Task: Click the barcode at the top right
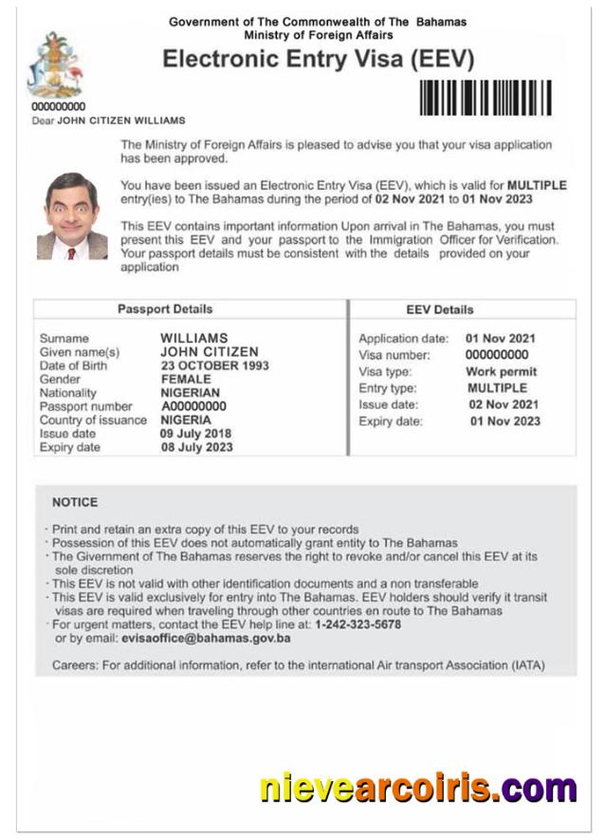[485, 98]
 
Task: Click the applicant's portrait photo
[71, 216]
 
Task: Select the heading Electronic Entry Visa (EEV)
[318, 59]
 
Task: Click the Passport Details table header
[165, 309]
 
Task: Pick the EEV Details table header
[439, 309]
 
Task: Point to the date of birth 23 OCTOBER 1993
[214, 365]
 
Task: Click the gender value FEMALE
[186, 379]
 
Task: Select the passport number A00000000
[193, 406]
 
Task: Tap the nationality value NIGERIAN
[190, 393]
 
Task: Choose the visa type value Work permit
[501, 372]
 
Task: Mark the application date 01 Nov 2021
[500, 339]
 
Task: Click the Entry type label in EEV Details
[390, 388]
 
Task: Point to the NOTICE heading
[75, 502]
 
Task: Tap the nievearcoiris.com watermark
[418, 789]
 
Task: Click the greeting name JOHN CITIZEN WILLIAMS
[121, 121]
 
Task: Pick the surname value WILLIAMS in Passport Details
[194, 338]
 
